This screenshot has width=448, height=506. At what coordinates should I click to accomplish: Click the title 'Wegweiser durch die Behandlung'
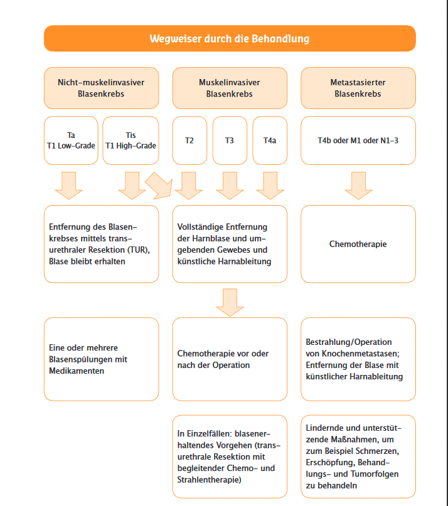coord(229,39)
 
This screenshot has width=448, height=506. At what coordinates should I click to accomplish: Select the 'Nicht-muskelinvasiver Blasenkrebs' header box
coord(102,88)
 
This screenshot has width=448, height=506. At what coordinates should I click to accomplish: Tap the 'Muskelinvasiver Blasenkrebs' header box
coord(230,88)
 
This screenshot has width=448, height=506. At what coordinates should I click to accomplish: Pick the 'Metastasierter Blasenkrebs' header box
coord(358,88)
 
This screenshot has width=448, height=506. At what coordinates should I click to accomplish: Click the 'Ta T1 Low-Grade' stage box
coord(71,140)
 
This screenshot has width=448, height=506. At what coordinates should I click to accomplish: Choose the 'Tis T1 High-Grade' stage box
coord(131,140)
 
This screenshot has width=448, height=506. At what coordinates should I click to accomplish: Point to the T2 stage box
coord(189,140)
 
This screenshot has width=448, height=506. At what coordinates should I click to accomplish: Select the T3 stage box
coord(230,140)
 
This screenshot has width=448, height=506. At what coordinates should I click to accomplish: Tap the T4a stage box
coord(270,140)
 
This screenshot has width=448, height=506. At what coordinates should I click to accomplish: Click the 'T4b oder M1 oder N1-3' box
coord(358,140)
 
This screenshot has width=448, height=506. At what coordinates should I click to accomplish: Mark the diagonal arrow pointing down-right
coord(159,185)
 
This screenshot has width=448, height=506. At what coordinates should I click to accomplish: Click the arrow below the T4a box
coord(270,186)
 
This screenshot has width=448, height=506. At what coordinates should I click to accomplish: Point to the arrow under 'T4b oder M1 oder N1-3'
coord(358,186)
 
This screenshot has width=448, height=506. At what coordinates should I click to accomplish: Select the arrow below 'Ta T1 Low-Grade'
coord(69,186)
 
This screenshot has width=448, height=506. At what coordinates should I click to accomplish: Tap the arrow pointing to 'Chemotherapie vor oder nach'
coord(230,302)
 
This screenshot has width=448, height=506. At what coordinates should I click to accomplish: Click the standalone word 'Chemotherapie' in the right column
coord(358,244)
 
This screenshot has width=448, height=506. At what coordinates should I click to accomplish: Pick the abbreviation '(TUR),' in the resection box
coord(139,250)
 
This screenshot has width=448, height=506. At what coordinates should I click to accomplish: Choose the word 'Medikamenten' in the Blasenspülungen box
coord(77,371)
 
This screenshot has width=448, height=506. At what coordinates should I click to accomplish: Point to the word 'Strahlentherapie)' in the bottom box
coord(210,480)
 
